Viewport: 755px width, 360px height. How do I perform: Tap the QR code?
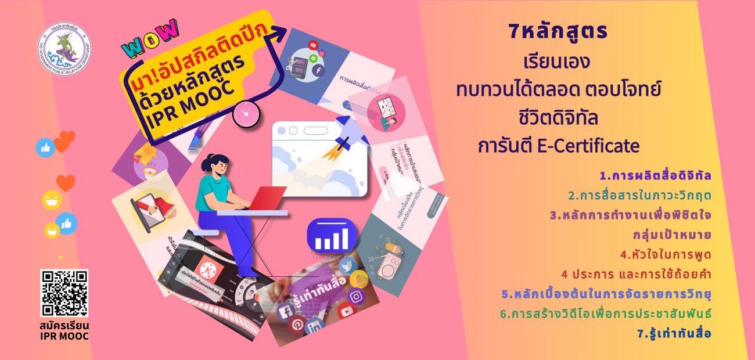64,293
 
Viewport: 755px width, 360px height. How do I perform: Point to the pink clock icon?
245,114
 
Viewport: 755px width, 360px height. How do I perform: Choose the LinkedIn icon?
315,329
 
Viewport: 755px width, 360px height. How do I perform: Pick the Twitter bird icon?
347,266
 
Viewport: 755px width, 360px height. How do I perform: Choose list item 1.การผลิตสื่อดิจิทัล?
656,175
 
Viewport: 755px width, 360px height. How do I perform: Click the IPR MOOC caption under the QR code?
64,336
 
